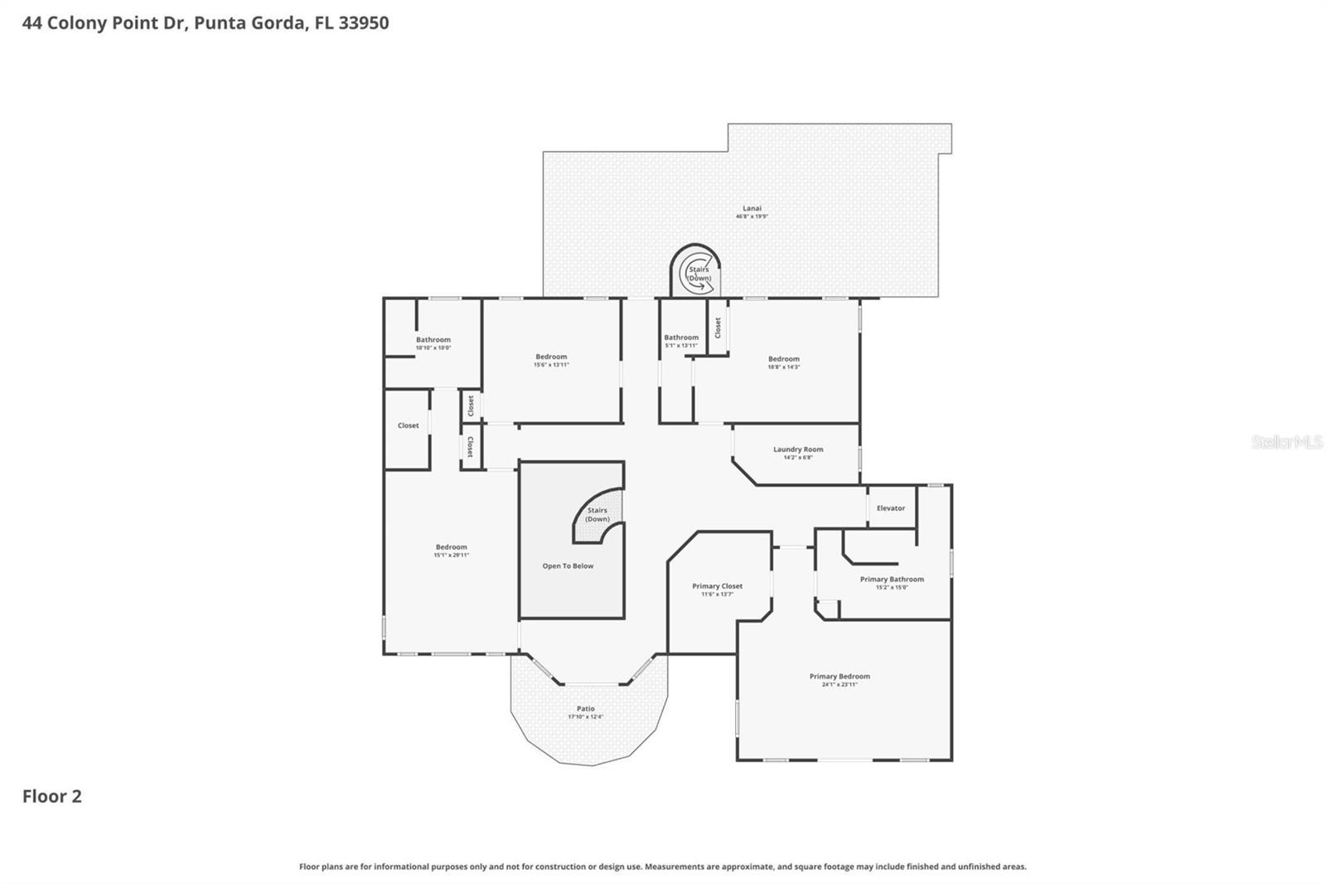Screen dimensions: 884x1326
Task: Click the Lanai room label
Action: [751, 209]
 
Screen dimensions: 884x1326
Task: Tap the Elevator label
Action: [891, 508]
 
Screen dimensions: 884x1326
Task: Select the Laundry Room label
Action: [798, 449]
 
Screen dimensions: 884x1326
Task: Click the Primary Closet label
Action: [717, 586]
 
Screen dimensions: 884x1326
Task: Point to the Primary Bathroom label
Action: [892, 580]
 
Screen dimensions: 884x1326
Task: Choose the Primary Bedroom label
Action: [840, 677]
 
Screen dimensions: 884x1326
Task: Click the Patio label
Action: [586, 709]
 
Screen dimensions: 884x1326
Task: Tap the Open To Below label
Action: [568, 566]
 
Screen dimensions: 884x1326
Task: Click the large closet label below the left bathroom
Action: [408, 425]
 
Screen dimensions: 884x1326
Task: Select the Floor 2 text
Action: [51, 796]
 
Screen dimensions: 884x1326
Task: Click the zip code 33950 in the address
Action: [364, 23]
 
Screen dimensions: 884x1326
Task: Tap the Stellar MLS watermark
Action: [1286, 443]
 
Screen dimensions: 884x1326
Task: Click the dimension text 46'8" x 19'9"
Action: [752, 216]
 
